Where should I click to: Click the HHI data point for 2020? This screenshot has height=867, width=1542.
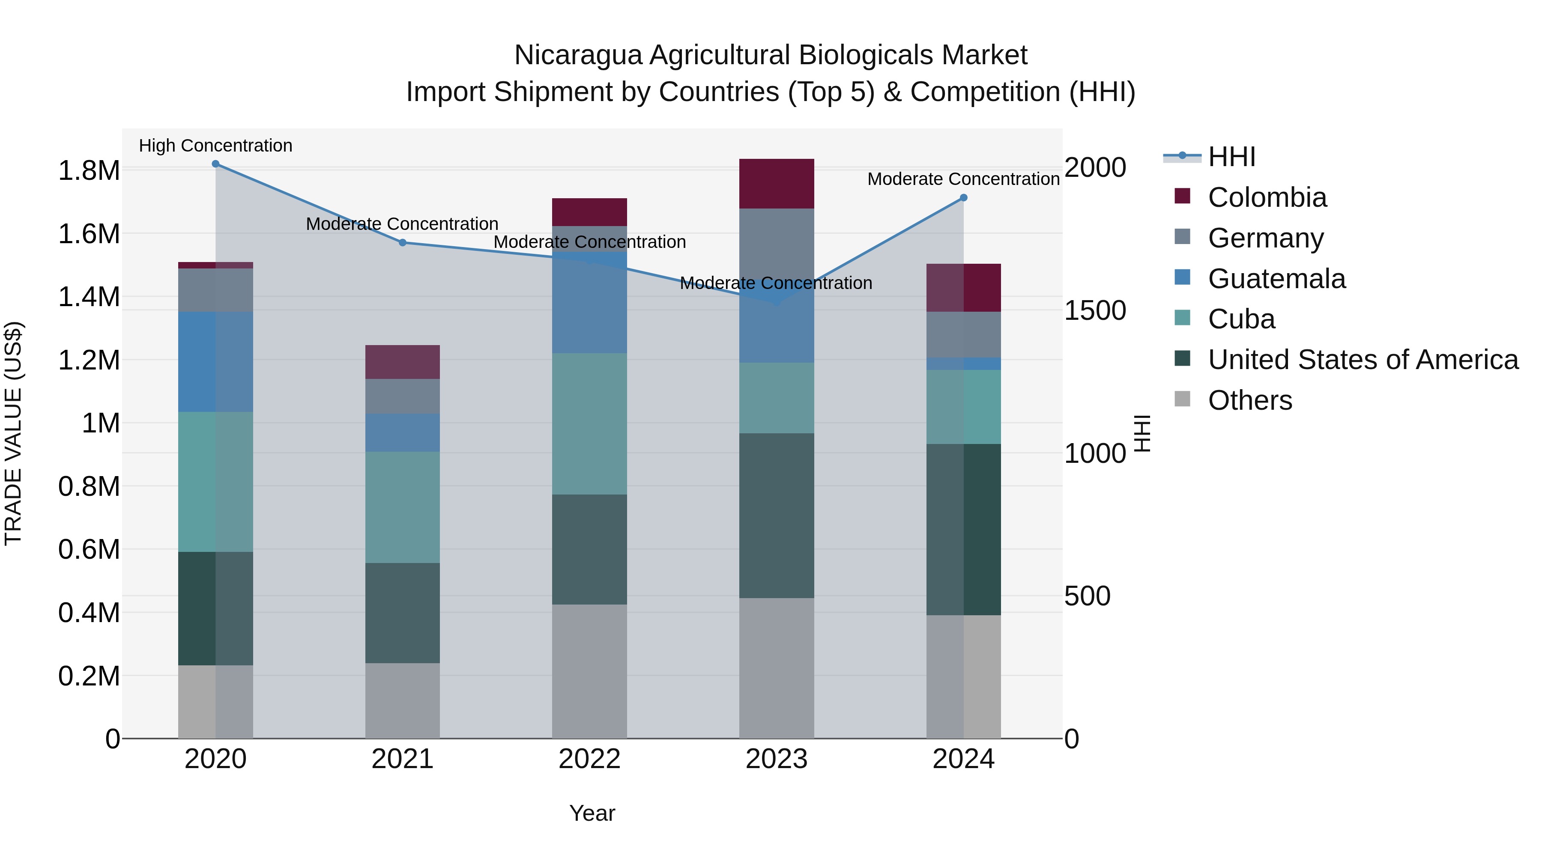pyautogui.click(x=215, y=164)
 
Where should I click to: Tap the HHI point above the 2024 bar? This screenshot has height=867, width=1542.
pyautogui.click(x=964, y=197)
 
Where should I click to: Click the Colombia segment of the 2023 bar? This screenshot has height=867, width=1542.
pyautogui.click(x=777, y=184)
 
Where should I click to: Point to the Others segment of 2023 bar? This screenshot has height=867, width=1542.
pyautogui.click(x=777, y=668)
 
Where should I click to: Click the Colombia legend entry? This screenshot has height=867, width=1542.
pyautogui.click(x=1267, y=197)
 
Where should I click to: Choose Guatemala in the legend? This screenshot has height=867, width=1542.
pyautogui.click(x=1276, y=279)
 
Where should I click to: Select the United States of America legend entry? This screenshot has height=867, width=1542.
pyautogui.click(x=1363, y=360)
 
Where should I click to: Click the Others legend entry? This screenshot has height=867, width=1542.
pyautogui.click(x=1249, y=400)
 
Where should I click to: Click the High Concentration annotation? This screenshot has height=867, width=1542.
pyautogui.click(x=215, y=146)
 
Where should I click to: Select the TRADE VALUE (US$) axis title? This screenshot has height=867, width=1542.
pyautogui.click(x=13, y=433)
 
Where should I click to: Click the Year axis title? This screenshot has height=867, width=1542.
pyautogui.click(x=592, y=813)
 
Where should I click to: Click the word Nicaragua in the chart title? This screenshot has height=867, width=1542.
pyautogui.click(x=578, y=55)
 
